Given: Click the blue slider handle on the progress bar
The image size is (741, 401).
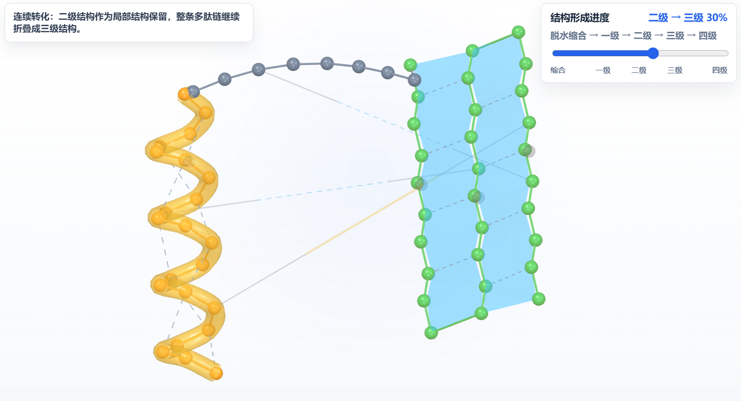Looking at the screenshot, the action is [653, 53].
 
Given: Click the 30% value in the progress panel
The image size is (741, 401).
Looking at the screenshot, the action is [716, 18].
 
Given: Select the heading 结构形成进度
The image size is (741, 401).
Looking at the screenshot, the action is [580, 18].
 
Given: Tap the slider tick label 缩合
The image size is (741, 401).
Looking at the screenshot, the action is [558, 70].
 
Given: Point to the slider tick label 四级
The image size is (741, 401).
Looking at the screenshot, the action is [719, 70].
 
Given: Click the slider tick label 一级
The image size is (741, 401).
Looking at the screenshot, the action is [603, 70].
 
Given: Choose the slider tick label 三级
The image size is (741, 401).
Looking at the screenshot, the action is [675, 70].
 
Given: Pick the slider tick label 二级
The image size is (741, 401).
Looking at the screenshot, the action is [639, 70].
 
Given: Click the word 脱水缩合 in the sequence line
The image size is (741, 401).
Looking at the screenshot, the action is [569, 36].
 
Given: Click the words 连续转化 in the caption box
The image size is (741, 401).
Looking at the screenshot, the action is [32, 17].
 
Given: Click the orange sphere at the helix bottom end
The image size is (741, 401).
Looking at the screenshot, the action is [216, 373].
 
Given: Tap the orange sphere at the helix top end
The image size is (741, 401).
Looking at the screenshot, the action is [184, 94].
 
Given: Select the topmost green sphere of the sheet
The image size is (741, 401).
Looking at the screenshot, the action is [518, 32].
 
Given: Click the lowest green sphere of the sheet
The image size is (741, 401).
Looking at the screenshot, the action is [431, 333].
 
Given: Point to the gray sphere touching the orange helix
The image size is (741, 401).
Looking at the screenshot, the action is [194, 91].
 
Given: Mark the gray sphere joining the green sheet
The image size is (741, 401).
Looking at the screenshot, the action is [414, 80].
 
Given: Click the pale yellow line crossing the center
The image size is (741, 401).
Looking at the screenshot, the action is [360, 222].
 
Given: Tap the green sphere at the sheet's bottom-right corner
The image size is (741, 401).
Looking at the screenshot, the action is [538, 299].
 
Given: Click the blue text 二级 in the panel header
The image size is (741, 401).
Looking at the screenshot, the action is [658, 18].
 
